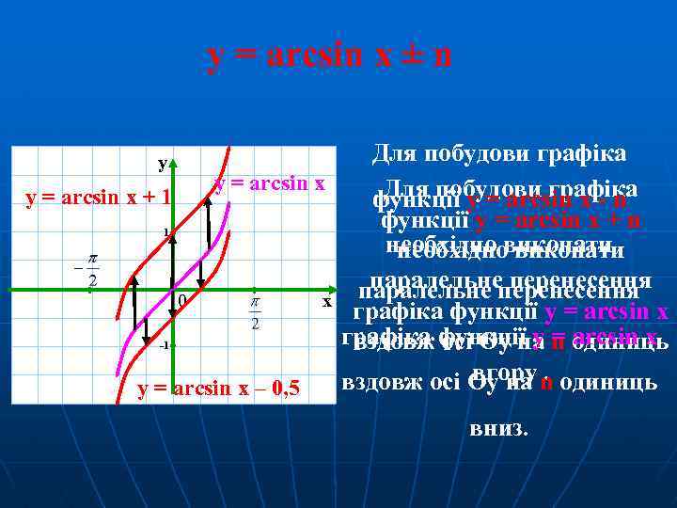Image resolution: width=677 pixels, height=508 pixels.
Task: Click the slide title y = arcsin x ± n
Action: click(329, 56)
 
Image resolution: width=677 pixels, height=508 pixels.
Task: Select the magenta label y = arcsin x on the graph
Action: click(270, 183)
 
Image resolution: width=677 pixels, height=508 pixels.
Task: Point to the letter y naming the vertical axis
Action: click(163, 164)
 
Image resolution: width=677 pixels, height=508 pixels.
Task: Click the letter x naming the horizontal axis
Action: click(327, 302)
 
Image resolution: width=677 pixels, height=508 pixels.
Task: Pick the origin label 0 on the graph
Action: click(181, 300)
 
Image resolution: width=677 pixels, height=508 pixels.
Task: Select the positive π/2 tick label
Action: click(255, 311)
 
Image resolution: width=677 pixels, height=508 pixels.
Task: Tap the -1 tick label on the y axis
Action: click(164, 345)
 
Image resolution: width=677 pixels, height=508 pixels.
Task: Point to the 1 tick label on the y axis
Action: click(165, 231)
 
